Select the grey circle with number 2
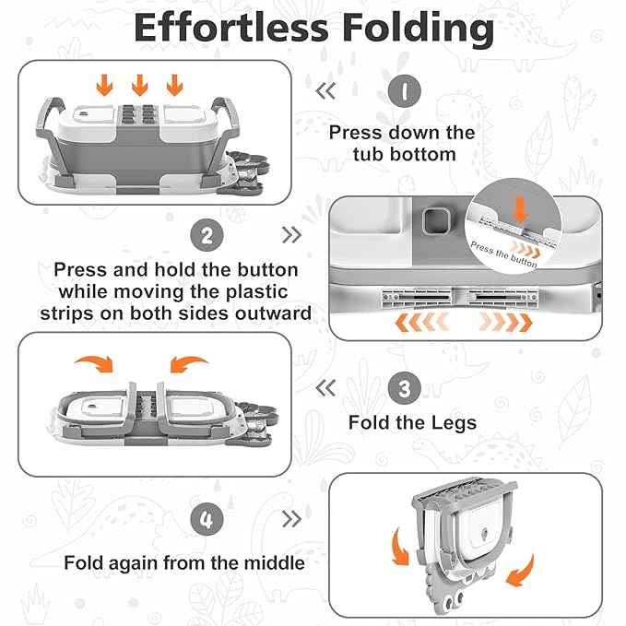point(207,235)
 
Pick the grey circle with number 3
point(403,388)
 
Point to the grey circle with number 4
point(207,519)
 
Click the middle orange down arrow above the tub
point(139,86)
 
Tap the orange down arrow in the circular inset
point(521,209)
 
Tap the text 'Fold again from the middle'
point(183,561)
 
